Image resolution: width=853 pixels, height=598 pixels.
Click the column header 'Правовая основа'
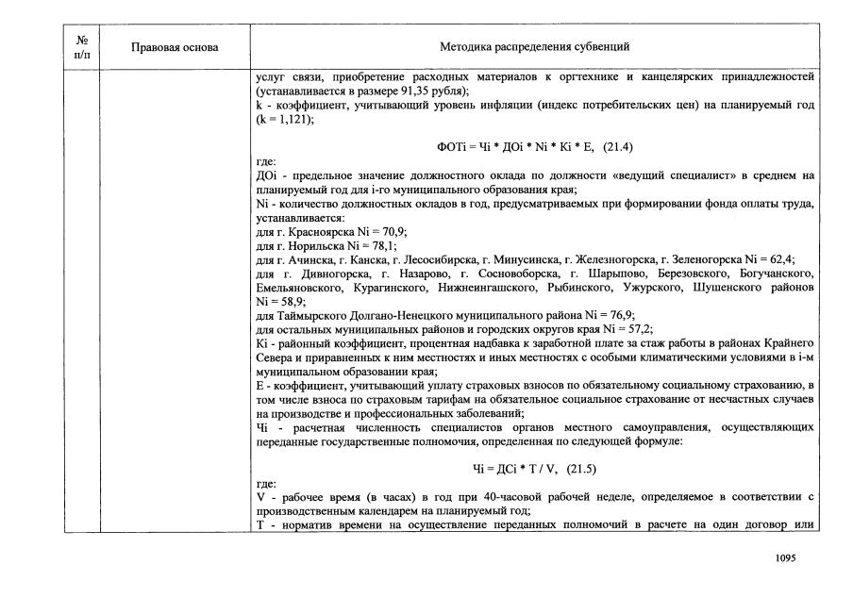coord(175,46)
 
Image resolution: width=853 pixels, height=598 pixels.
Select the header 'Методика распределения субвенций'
coord(534,46)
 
